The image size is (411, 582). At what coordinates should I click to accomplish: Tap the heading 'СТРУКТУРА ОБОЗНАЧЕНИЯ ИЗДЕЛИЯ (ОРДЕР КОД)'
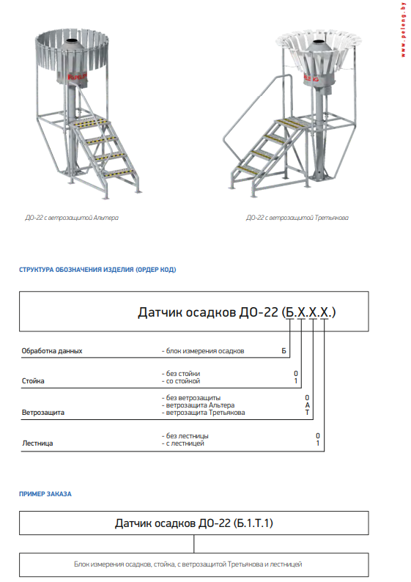97,270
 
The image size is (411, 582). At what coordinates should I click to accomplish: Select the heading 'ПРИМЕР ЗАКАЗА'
45,494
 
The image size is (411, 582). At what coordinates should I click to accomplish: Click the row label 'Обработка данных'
51,351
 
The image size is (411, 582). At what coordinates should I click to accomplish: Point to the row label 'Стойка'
34,381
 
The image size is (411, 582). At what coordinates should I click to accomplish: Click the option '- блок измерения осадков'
203,351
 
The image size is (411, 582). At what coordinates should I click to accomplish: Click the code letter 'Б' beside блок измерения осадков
284,351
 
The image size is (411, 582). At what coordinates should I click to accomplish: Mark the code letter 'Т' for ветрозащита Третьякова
308,413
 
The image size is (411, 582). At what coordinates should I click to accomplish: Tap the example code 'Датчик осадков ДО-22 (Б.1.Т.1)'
194,523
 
